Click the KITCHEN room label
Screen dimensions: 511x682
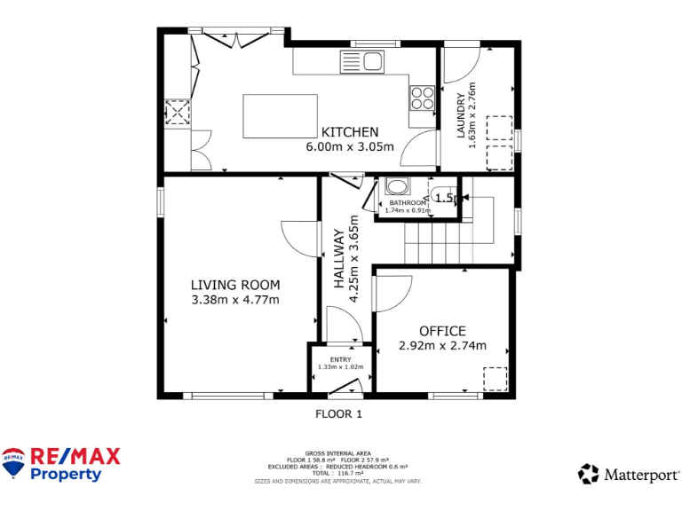tap(350, 132)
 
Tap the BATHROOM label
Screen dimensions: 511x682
tap(408, 203)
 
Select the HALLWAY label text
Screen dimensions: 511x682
tap(339, 259)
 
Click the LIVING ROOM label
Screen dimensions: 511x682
tap(235, 285)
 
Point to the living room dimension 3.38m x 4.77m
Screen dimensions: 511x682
tap(235, 300)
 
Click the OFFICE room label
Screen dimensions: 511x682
tap(442, 331)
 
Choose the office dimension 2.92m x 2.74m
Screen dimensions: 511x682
tap(442, 346)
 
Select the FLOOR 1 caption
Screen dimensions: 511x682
tap(339, 413)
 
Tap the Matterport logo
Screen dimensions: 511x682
tap(629, 475)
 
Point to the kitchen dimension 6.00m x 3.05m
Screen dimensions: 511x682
tap(350, 147)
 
